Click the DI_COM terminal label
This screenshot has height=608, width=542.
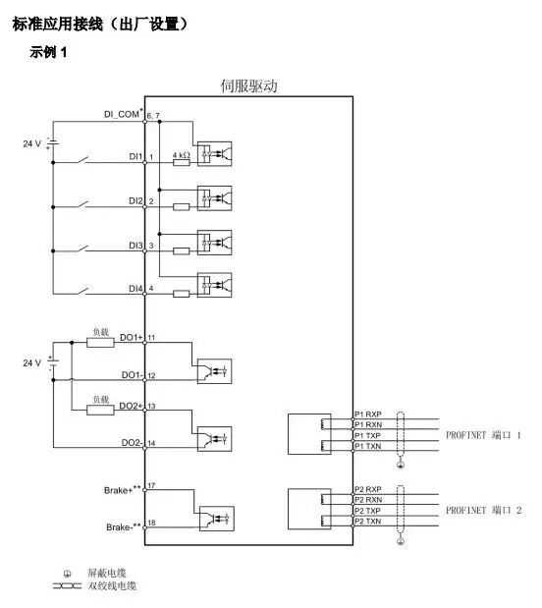123,115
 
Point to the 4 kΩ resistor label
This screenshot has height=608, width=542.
181,154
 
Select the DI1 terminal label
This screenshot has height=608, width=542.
135,157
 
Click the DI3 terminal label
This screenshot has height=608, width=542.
135,245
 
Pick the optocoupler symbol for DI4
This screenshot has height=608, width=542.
214,285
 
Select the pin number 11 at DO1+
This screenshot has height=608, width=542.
152,337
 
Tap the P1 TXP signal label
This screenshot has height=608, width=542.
367,435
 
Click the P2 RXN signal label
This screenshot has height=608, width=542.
367,500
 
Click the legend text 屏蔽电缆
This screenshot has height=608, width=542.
106,573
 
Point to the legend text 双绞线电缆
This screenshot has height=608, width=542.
112,585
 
